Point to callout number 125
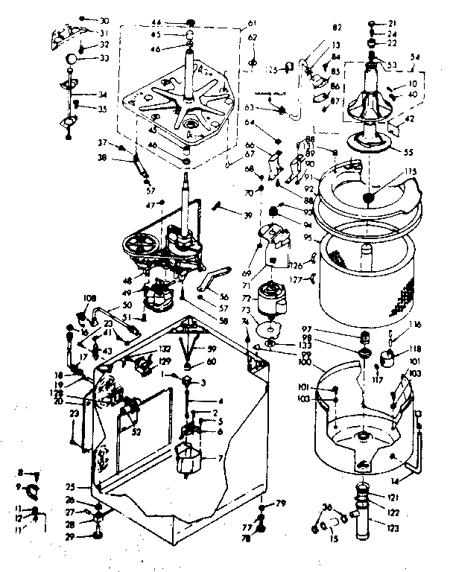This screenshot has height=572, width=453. pos(272,70)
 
